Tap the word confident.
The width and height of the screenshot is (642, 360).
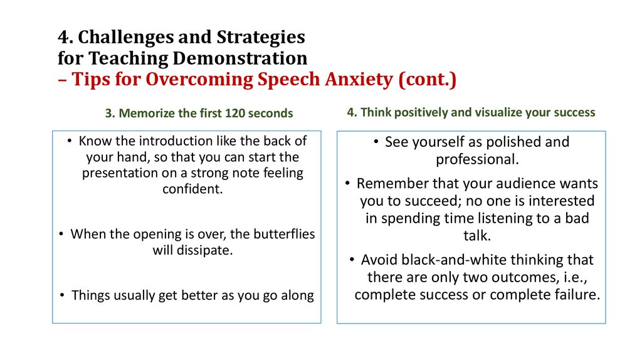(x=192, y=189)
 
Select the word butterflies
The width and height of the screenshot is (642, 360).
(x=280, y=234)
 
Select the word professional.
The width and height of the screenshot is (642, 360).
(x=478, y=159)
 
